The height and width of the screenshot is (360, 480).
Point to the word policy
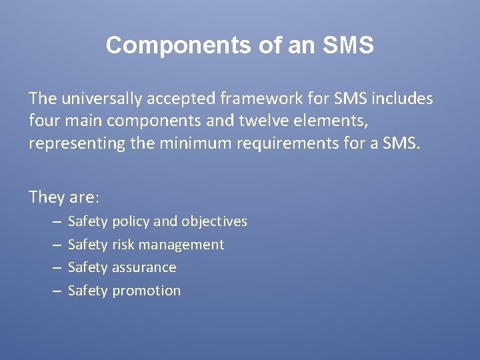click(x=131, y=221)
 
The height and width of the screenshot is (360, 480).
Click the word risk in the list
click(x=123, y=245)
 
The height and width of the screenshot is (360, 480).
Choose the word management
click(x=181, y=245)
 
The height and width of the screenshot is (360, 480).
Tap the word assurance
click(x=144, y=267)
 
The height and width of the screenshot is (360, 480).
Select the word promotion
click(x=146, y=291)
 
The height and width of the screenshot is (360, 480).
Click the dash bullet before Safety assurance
click(x=55, y=268)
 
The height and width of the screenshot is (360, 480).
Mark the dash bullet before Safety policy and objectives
click(x=55, y=221)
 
